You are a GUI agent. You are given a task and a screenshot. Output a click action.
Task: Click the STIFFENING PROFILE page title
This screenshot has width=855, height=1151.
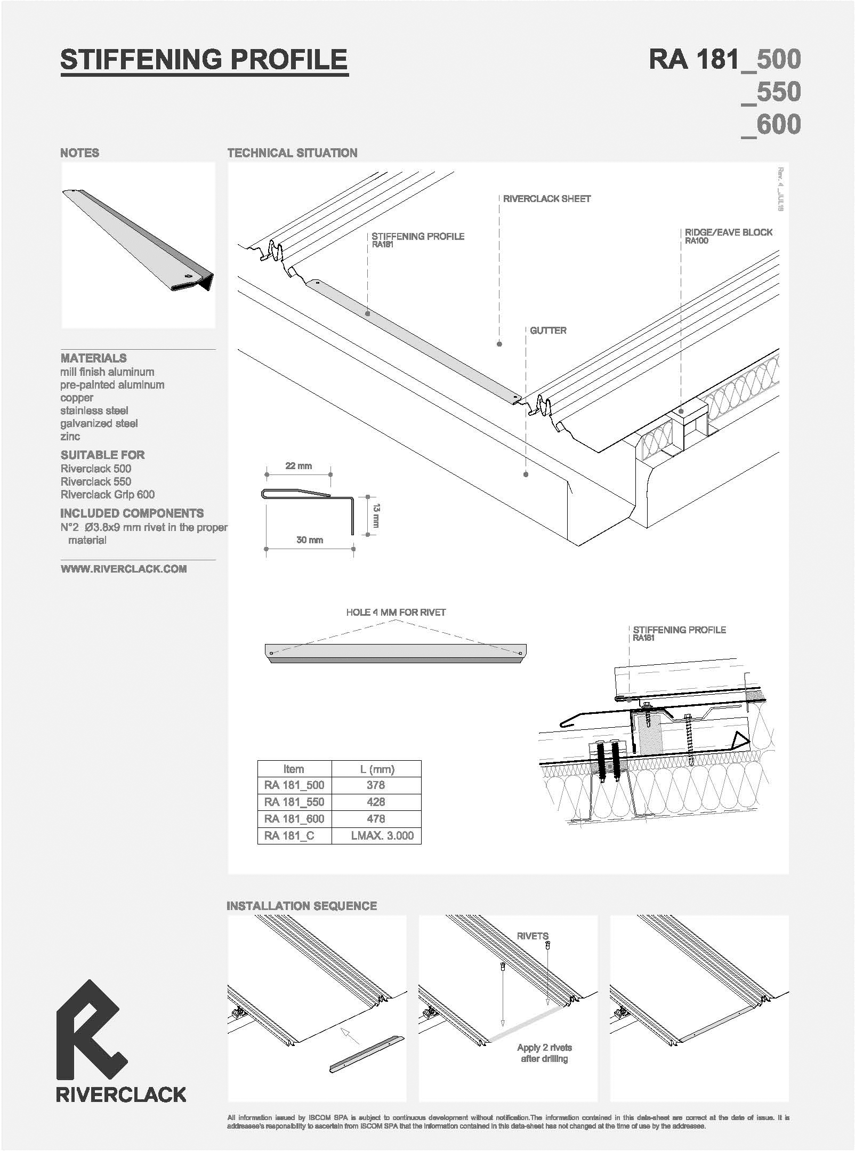pos(204,60)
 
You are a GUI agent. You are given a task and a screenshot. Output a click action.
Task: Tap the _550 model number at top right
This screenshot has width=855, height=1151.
pos(771,92)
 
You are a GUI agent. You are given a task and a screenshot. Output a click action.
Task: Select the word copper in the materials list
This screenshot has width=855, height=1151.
pos(77,398)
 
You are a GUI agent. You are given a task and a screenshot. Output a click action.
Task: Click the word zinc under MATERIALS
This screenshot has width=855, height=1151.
pos(70,437)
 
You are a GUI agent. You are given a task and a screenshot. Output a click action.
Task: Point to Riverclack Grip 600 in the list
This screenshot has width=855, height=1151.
pos(108,495)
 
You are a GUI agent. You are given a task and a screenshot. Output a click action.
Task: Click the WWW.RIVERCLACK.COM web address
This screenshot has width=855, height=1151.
pos(124,569)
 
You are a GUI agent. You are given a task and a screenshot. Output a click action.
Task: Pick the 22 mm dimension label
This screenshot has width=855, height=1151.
pos(299,466)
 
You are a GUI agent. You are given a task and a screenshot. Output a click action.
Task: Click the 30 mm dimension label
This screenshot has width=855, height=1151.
pos(310,540)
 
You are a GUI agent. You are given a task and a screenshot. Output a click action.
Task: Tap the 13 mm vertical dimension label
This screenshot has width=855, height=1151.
pos(376,515)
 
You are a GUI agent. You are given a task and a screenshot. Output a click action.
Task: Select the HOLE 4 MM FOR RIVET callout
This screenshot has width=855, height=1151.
pos(396,613)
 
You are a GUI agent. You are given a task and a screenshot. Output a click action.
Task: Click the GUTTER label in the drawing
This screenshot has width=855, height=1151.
pos(548,331)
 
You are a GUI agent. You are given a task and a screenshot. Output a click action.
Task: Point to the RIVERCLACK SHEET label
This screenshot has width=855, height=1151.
pos(547,199)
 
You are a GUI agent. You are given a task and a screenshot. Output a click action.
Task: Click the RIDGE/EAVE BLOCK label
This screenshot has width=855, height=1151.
pos(729,232)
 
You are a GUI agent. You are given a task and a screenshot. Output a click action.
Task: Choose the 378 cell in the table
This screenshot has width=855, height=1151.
pos(376,785)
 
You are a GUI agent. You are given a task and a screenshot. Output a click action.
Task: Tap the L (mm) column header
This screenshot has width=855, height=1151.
pos(376,769)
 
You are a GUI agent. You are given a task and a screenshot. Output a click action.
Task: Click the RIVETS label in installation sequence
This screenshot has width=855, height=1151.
pos(533,936)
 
